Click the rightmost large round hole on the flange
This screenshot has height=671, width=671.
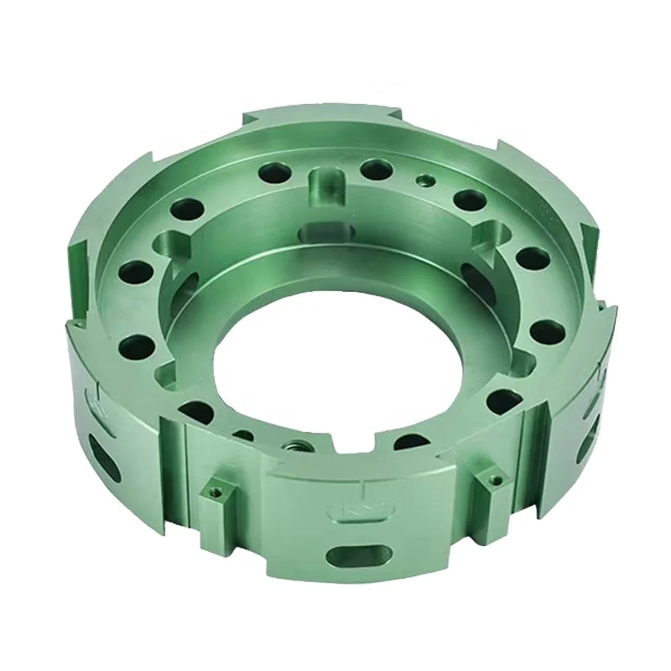pyautogui.click(x=547, y=331)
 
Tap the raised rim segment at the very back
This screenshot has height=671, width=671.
pyautogui.click(x=327, y=120)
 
